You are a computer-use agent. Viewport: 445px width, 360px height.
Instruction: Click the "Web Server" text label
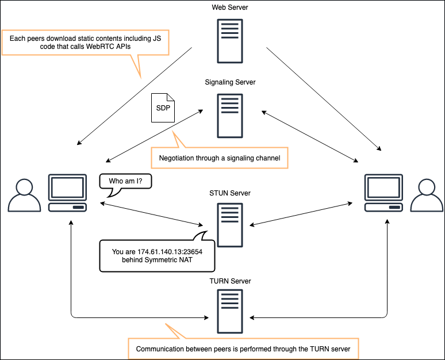230,7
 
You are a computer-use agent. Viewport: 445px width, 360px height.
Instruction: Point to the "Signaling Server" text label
230,82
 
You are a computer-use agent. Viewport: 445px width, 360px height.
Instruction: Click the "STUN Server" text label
230,193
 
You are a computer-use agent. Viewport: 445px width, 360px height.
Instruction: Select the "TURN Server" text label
230,281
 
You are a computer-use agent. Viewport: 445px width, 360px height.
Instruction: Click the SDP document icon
163,108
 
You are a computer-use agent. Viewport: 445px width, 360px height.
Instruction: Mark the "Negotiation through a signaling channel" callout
219,158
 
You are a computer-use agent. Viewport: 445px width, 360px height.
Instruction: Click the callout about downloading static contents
85,42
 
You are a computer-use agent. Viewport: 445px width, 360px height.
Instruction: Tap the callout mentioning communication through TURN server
247,348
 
